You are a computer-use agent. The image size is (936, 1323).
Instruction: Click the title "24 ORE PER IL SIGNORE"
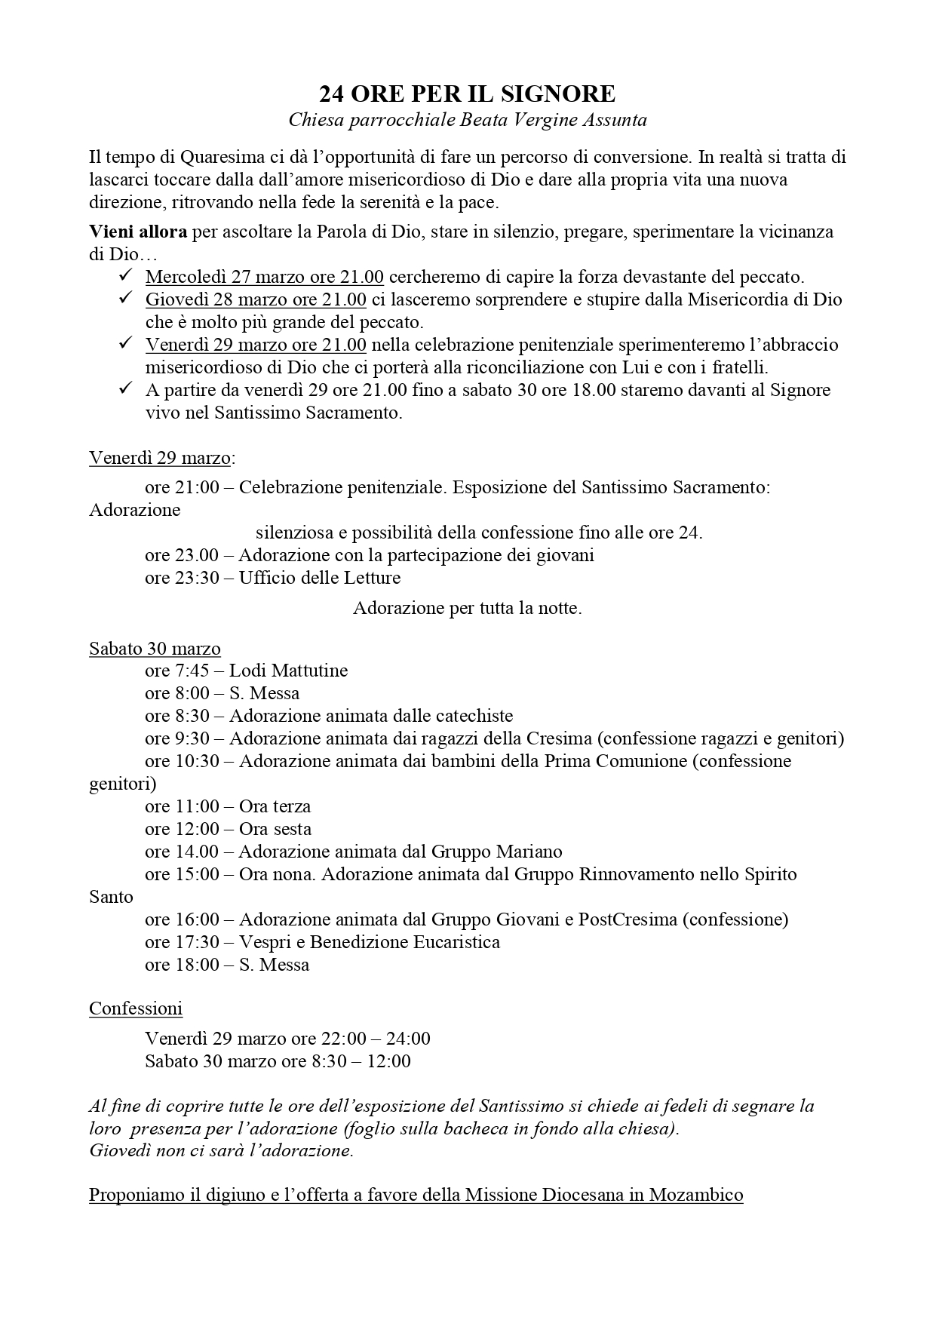click(467, 94)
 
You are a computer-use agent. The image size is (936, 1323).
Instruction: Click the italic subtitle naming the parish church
click(467, 120)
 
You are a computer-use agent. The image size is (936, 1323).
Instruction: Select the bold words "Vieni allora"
click(138, 232)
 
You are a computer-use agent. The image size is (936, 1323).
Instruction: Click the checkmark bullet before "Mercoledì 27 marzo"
click(125, 276)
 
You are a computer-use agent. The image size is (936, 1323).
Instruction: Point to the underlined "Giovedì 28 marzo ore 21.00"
click(256, 299)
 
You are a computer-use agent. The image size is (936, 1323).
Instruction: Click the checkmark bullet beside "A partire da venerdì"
click(125, 389)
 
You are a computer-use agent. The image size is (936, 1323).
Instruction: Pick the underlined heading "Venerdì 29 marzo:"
click(162, 458)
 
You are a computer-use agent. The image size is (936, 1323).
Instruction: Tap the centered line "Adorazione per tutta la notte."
click(467, 608)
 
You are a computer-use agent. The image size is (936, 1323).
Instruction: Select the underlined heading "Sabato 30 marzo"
click(155, 649)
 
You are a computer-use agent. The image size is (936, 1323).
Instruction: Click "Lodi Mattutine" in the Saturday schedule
click(288, 671)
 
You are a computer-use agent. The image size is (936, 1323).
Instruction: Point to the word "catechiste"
click(475, 716)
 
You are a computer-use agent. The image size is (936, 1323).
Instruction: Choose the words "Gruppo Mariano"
click(496, 852)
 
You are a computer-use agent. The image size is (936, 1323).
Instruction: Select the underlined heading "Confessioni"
click(136, 1008)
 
